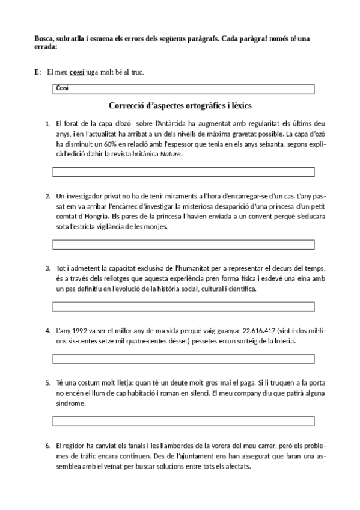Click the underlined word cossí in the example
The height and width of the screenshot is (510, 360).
pyautogui.click(x=77, y=73)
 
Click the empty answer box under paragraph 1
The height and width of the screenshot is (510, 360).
pyautogui.click(x=184, y=172)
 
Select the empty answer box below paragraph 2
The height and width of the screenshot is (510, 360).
pyautogui.click(x=184, y=244)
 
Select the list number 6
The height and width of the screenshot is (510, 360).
pyautogui.click(x=47, y=446)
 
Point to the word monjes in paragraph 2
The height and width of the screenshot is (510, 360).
pyautogui.click(x=154, y=227)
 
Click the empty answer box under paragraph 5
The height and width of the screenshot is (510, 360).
pyautogui.click(x=184, y=420)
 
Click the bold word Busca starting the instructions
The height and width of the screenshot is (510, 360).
pyautogui.click(x=47, y=39)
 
